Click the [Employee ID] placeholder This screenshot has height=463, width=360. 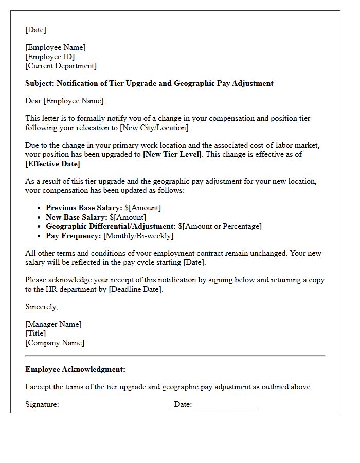coord(50,57)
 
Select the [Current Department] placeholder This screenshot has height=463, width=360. coord(61,66)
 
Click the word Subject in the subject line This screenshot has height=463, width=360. coord(40,83)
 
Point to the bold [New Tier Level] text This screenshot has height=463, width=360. coord(172,154)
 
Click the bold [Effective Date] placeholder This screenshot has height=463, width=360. coord(53,164)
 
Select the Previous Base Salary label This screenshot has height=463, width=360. coord(84,208)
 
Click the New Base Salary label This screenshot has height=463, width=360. coord(76,217)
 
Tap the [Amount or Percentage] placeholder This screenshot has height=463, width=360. coord(222,226)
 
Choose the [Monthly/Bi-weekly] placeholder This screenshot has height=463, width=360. coord(138,236)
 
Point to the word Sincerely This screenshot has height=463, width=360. coord(41,307)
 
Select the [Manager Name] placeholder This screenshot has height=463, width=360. coord(53,324)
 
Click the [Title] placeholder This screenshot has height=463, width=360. coord(35,333)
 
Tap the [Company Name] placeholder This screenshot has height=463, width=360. coord(55,343)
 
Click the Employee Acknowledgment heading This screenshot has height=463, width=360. coord(75,369)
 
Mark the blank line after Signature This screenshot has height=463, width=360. coord(116,405)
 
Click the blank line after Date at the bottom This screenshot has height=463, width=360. coord(225,405)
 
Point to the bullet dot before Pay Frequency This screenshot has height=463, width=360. coord(40,236)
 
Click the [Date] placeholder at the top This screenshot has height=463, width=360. coord(35,30)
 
